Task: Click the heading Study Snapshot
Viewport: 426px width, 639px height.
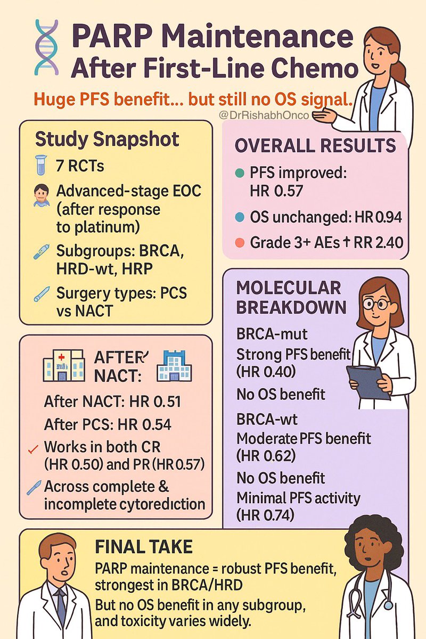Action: pos(106,140)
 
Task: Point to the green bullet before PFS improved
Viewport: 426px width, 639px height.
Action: pos(241,174)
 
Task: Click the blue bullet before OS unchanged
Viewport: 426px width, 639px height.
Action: pos(241,218)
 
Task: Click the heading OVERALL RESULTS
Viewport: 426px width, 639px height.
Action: pos(315,145)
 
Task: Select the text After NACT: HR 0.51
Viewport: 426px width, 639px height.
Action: pos(112,402)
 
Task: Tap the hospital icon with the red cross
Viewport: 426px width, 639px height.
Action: pos(63,366)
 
